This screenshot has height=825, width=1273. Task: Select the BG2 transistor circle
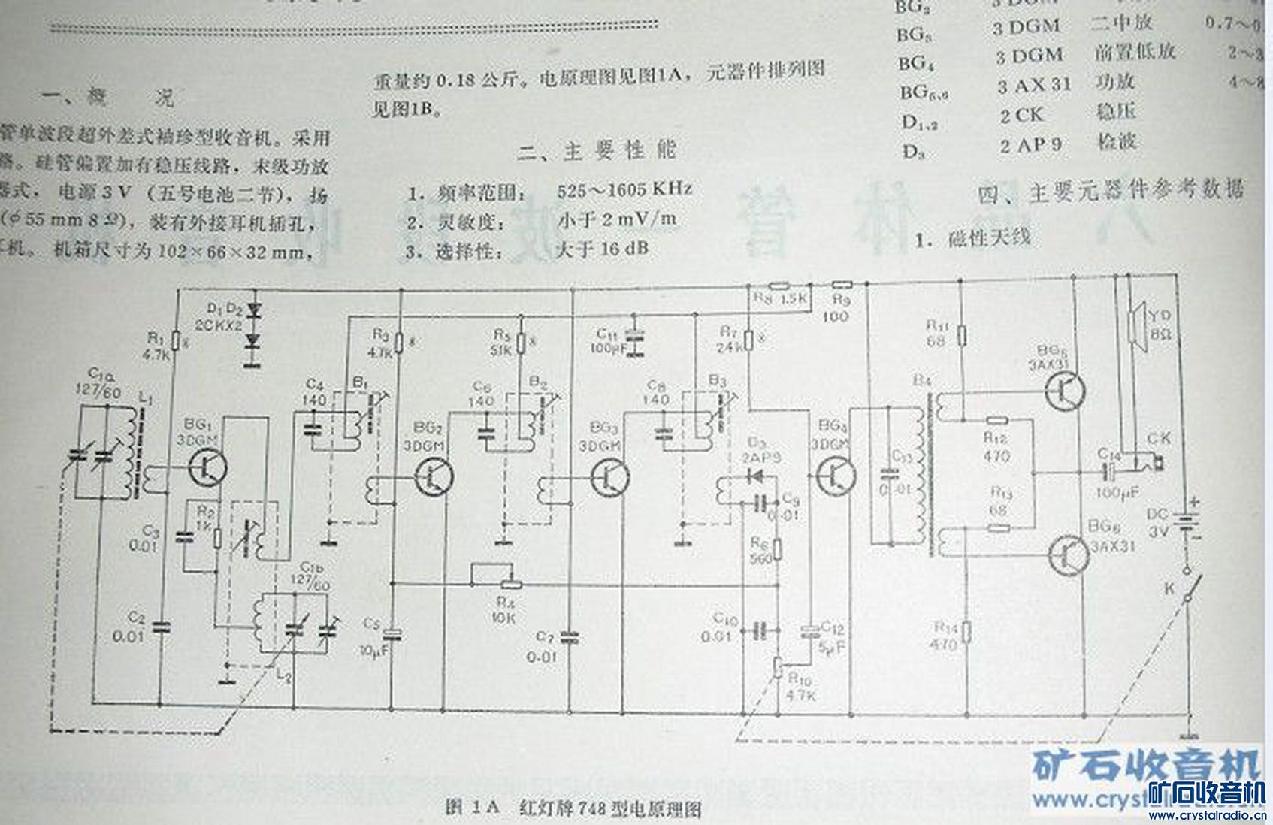434,476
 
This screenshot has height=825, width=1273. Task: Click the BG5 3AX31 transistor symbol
1066,389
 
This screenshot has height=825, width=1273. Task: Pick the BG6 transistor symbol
1067,555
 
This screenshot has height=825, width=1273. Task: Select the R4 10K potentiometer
511,583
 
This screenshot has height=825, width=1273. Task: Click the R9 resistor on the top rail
842,285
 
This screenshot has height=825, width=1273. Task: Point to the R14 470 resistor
966,632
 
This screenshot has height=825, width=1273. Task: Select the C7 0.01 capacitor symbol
570,638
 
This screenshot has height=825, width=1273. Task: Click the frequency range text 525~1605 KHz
624,189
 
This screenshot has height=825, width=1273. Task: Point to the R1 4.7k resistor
176,342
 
